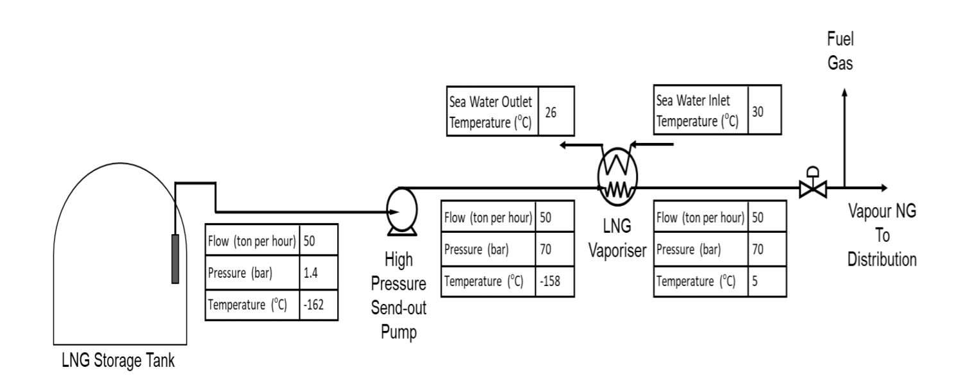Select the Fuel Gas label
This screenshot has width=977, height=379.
point(840,52)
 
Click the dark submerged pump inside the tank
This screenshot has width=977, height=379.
point(174,258)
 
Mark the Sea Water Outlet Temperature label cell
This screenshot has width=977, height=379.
point(492,112)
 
